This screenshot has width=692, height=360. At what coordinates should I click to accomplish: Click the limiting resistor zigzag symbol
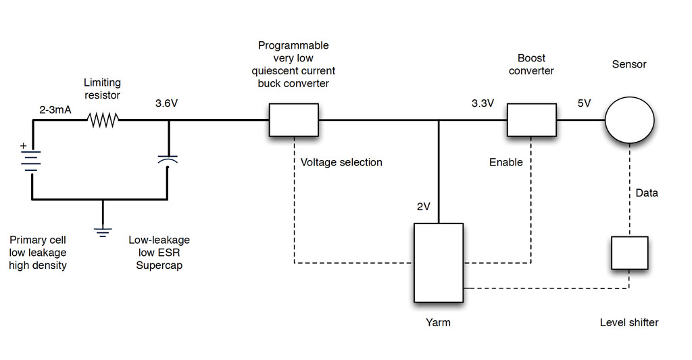pos(103,120)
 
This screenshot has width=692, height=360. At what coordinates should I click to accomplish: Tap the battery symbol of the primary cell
pos(31,161)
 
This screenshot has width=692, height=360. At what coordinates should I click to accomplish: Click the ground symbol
pos(103,232)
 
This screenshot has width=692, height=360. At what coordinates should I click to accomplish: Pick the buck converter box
pos(294,120)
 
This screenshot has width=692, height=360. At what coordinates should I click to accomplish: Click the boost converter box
pos(531,120)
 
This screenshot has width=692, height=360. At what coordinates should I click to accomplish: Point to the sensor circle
pos(629,120)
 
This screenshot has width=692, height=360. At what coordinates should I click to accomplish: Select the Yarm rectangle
pos(439,263)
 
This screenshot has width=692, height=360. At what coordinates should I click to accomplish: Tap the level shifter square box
pos(630,253)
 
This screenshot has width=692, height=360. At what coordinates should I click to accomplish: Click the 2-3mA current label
pos(55,109)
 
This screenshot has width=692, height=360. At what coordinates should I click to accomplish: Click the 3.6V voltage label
pos(166,103)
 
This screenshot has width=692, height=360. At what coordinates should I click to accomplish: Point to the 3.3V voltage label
pos(483,103)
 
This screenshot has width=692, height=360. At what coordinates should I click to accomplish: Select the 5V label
pos(584,103)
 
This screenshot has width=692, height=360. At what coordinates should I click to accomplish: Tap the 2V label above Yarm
pos(423,207)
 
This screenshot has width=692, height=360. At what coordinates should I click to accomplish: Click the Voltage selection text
pos(341,162)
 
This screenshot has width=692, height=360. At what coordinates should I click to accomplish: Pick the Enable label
pos(505,162)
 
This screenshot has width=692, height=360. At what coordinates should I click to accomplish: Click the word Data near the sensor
pos(647,192)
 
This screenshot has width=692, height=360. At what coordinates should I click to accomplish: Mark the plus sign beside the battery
pos(24,145)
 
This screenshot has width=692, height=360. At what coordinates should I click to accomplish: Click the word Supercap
pos(159,265)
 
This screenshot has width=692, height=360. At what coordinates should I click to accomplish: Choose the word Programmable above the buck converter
pos(293,45)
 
